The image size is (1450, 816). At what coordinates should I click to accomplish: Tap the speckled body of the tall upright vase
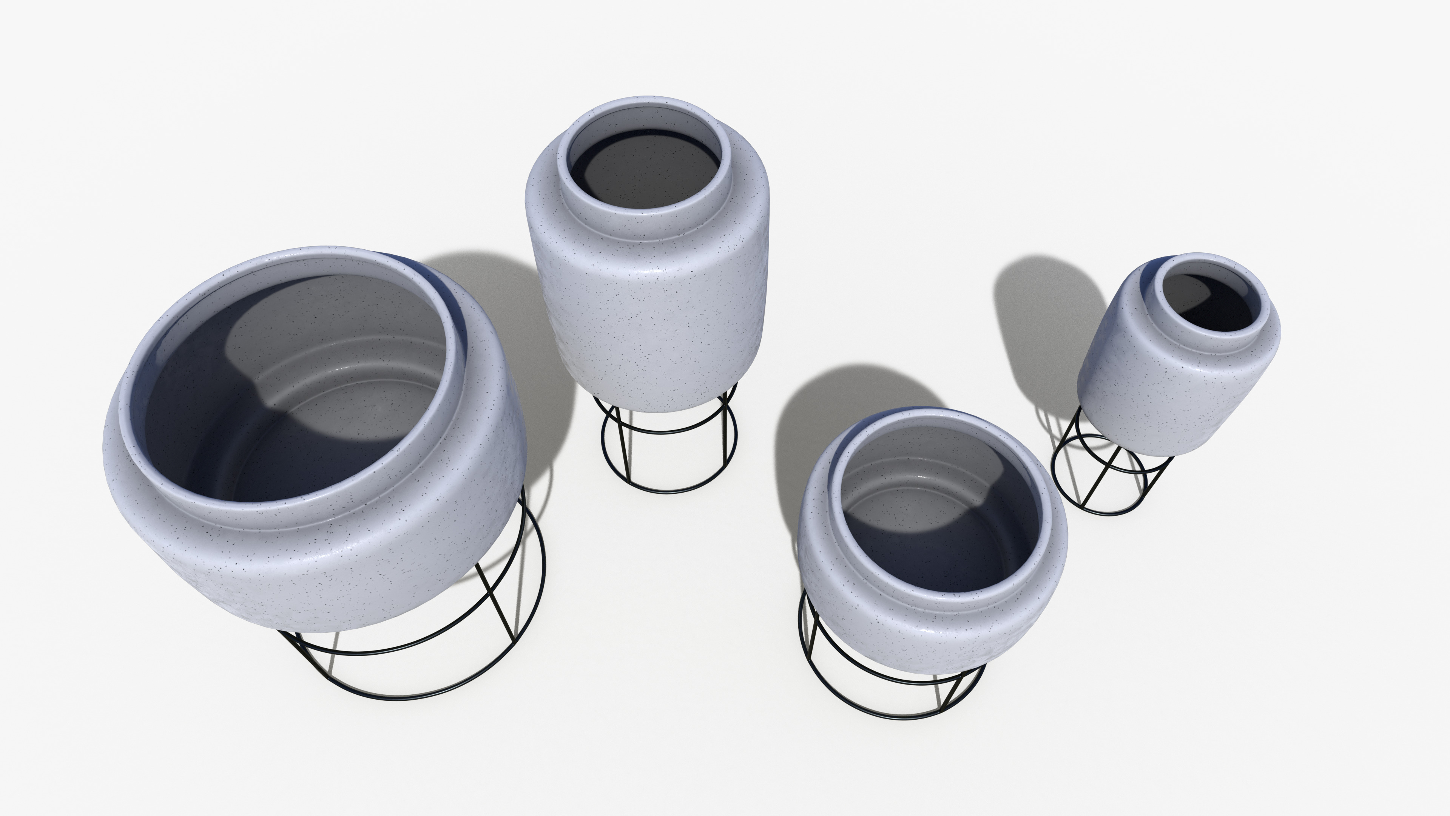(x=647, y=315)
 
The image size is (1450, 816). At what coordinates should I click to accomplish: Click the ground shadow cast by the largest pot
(x=507, y=293)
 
